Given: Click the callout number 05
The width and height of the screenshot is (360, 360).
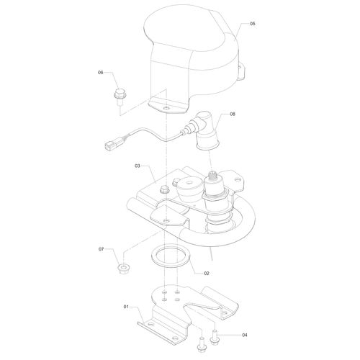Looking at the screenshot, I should pyautogui.click(x=252, y=24).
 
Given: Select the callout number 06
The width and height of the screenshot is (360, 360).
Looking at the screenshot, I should pyautogui.click(x=102, y=73).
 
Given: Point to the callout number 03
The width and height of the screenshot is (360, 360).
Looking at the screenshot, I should pyautogui.click(x=137, y=166).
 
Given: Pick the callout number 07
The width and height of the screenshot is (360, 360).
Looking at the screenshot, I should pyautogui.click(x=102, y=249).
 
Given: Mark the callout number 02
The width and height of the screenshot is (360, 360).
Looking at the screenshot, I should pyautogui.click(x=206, y=273).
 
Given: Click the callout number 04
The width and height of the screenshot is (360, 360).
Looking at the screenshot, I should pyautogui.click(x=244, y=336).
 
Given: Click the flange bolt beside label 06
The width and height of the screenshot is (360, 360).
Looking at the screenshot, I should pyautogui.click(x=118, y=94).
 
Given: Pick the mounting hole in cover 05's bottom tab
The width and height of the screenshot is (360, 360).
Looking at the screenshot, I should pyautogui.click(x=168, y=107).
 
